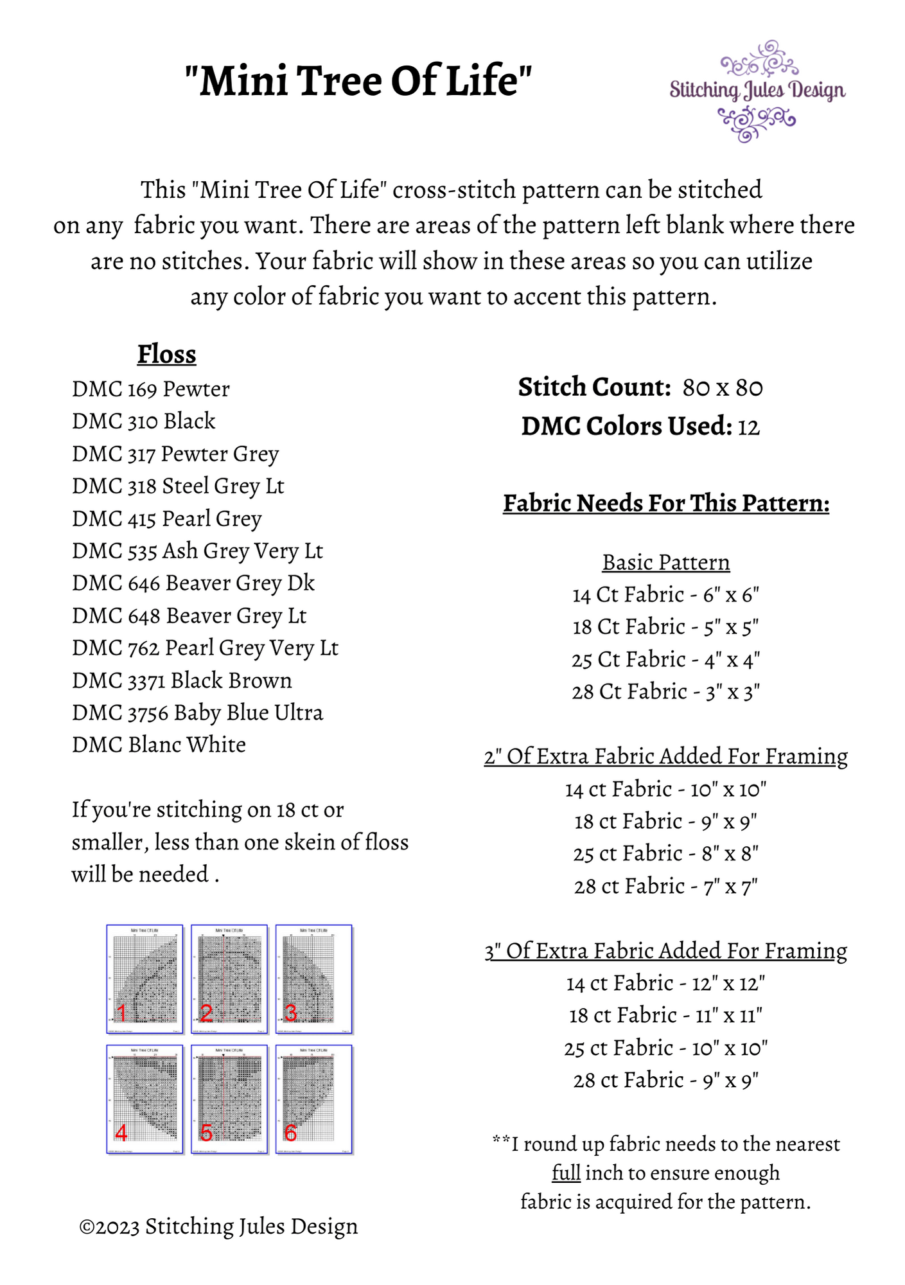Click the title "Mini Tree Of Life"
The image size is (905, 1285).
[358, 81]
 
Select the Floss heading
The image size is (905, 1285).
[166, 354]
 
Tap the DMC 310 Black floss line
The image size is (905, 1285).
[143, 421]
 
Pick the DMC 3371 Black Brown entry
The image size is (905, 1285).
[182, 680]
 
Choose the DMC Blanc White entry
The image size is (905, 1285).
[159, 745]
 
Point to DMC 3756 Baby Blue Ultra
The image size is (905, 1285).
[197, 713]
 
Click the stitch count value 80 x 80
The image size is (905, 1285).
[723, 388]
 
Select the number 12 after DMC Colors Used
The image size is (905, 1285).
[748, 427]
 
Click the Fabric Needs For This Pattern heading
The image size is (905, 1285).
[666, 503]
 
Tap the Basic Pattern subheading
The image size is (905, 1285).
[666, 563]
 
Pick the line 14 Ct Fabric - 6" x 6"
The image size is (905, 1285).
[666, 595]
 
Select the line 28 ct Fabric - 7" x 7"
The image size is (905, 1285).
[666, 887]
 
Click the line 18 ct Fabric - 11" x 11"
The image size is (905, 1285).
[666, 1016]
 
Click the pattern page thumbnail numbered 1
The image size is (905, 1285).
[145, 979]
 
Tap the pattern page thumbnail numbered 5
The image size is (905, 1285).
[229, 1099]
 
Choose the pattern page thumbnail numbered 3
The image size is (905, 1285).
[314, 979]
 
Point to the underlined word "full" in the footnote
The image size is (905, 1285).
[566, 1173]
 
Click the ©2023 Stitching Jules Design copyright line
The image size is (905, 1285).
[218, 1227]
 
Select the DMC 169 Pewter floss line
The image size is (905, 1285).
[150, 389]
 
